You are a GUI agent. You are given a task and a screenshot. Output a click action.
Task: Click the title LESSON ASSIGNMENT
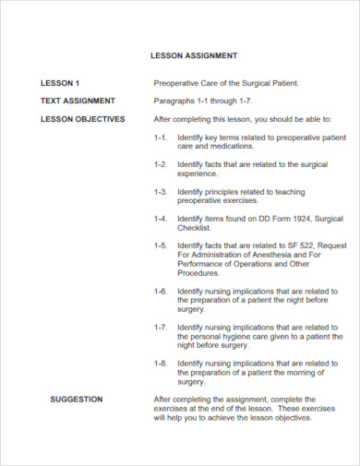194,55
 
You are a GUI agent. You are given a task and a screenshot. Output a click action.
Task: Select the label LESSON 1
60,82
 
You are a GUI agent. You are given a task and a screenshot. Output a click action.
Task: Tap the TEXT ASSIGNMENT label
77,101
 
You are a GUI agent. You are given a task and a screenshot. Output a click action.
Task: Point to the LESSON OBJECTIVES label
82,119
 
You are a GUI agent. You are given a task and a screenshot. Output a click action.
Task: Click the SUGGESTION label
76,399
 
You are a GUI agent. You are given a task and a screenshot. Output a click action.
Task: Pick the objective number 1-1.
161,137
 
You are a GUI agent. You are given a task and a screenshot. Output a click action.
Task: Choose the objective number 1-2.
161,164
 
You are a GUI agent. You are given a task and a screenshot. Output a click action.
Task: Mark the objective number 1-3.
161,191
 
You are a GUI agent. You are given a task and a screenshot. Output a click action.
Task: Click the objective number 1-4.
161,218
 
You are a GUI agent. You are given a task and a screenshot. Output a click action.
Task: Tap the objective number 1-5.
161,245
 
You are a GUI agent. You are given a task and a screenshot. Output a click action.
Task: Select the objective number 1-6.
161,290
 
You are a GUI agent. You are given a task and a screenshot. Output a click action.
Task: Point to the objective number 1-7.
161,326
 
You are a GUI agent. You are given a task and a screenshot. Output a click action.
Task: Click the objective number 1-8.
161,363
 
